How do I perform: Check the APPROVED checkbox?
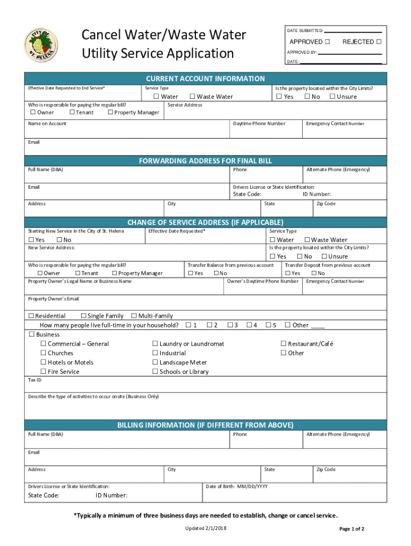[x=327, y=42]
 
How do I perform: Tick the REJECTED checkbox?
[x=378, y=42]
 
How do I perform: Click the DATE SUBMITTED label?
[x=304, y=30]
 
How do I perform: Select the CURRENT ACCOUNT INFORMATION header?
[x=205, y=78]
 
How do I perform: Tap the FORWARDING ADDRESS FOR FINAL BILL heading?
[x=205, y=160]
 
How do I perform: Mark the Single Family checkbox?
[x=83, y=316]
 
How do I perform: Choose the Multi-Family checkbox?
[x=134, y=316]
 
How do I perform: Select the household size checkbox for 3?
[x=230, y=325]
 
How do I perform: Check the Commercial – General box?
[x=44, y=344]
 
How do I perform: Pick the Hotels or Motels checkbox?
[x=44, y=363]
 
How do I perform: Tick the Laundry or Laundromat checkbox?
[x=155, y=344]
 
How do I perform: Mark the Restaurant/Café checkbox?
[x=283, y=344]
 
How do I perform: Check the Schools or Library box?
[x=155, y=372]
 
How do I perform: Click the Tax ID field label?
[x=35, y=380]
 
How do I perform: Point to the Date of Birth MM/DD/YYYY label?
[x=237, y=486]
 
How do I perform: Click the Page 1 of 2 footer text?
[x=352, y=529]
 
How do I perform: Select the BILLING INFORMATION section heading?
[x=205, y=425]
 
